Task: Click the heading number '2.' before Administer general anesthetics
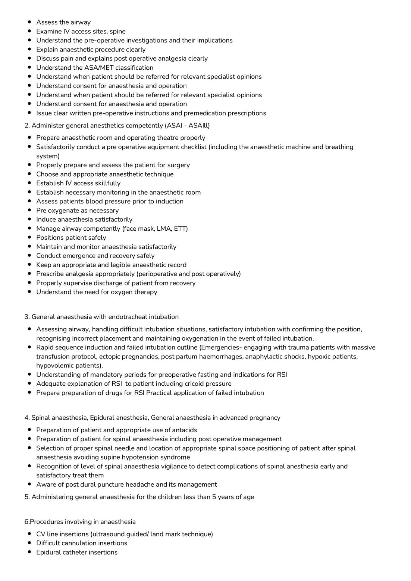tap(27, 126)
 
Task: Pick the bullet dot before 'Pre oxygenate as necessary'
tap(29, 211)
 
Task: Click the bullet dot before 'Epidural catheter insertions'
tap(29, 552)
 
